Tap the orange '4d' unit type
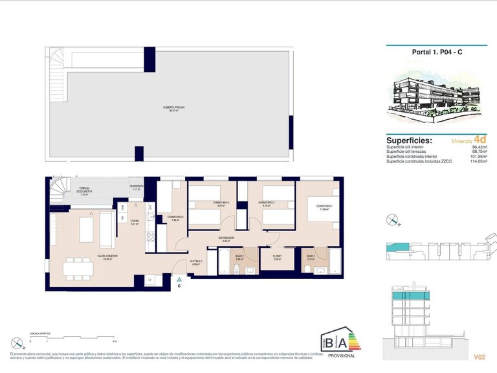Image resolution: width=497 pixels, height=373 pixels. click(x=480, y=139)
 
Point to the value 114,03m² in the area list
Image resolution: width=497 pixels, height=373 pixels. click(x=478, y=161)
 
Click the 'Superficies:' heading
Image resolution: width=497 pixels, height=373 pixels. click(x=409, y=140)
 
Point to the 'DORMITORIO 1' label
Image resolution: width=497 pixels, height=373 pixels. click(x=325, y=207)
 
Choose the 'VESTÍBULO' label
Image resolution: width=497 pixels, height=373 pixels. click(x=195, y=262)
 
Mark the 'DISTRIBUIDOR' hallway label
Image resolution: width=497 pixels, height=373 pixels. click(x=226, y=238)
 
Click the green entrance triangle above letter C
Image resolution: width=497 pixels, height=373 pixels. click(x=179, y=278)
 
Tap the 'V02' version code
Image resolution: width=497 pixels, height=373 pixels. click(x=480, y=356)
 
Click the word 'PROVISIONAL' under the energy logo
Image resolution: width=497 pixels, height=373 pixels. click(x=341, y=356)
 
